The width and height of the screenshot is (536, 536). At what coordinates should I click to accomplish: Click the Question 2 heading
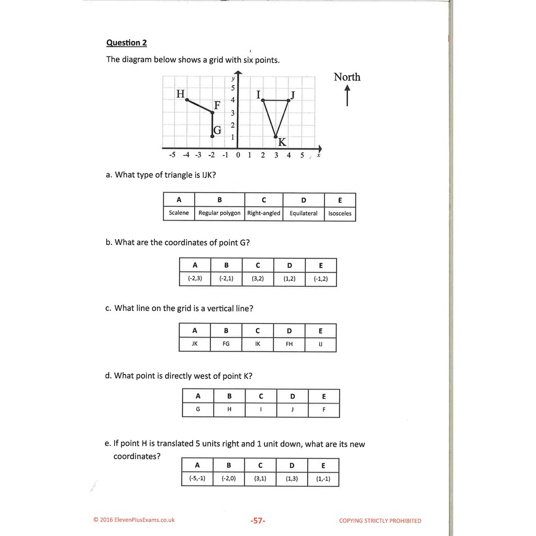[123, 43]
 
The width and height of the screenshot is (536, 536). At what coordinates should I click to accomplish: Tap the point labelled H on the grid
[187, 99]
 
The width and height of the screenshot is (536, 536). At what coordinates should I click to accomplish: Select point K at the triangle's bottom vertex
[276, 137]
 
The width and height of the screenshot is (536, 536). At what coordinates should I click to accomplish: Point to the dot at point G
[212, 136]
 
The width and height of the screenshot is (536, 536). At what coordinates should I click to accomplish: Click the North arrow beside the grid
[347, 96]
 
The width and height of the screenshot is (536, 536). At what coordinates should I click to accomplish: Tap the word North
[347, 77]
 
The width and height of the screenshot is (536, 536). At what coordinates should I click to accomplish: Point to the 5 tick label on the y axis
[232, 88]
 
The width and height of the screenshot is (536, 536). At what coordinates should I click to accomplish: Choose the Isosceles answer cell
[340, 214]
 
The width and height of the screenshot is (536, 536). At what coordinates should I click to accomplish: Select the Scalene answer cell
[178, 213]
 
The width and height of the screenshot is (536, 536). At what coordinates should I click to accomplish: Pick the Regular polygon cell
[219, 213]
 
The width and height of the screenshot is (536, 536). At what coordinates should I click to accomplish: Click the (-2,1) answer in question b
[226, 279]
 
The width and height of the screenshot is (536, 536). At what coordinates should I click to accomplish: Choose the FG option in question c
[226, 344]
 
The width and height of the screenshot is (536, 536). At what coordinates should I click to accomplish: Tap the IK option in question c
[258, 344]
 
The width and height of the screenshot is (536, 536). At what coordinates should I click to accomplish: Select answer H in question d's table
[229, 410]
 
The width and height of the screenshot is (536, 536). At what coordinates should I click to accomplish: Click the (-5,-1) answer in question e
[197, 478]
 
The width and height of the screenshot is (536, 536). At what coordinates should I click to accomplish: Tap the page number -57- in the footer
[258, 521]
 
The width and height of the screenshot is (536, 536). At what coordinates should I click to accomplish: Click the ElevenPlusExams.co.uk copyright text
[134, 520]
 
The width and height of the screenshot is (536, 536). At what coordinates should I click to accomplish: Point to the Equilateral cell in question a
[304, 214]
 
